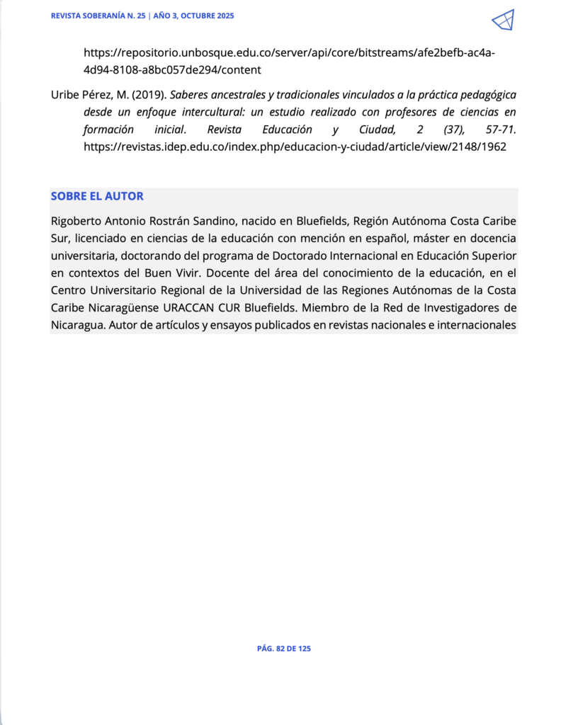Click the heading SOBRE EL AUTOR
point(97,196)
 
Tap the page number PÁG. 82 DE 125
point(283,649)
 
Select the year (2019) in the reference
point(150,94)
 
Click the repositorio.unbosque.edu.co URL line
point(289,52)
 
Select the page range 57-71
point(497,130)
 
